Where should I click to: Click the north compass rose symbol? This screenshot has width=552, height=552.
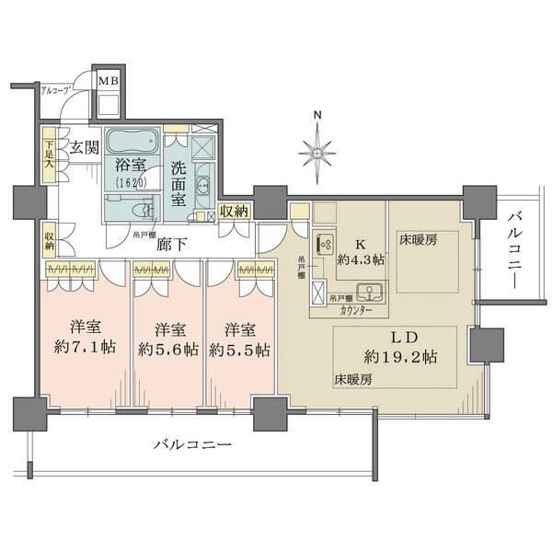317,147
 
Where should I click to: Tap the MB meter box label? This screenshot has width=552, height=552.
109,80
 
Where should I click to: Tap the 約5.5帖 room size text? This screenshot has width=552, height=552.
239,349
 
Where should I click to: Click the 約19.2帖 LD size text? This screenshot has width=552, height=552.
399,356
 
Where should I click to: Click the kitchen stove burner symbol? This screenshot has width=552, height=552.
325,246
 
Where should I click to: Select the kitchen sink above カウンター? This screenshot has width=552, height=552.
371,294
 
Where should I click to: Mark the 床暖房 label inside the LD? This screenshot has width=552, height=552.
351,378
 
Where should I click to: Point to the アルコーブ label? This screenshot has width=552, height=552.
57,90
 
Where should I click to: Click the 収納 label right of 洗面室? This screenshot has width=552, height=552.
233,213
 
